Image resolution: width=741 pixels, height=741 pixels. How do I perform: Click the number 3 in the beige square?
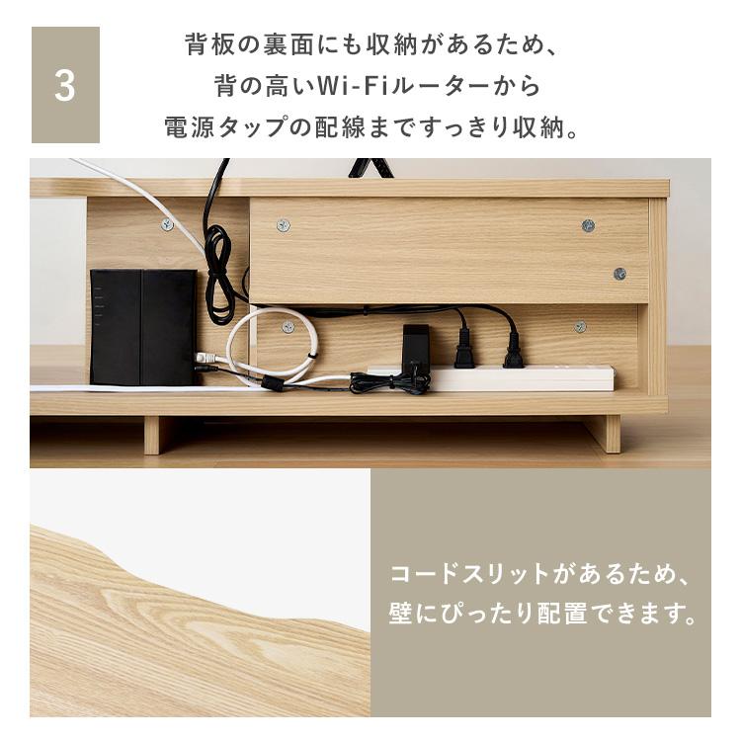click(65, 86)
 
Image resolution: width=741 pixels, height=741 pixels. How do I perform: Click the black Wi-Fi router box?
click(143, 327)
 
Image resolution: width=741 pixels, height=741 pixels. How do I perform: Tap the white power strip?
click(491, 377)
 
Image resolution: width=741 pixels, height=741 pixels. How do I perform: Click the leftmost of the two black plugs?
click(462, 348)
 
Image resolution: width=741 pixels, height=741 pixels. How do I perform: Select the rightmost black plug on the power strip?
click(513, 350)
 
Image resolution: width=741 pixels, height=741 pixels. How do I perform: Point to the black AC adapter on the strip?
click(415, 344)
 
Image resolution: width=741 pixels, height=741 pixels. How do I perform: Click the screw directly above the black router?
click(167, 224)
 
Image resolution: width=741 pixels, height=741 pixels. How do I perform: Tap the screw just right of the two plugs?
click(580, 327)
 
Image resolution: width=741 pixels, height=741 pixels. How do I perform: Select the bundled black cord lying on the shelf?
click(390, 381)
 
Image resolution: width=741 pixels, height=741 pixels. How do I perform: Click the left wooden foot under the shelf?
click(152, 436)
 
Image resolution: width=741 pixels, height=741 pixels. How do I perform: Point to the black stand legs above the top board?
click(370, 168)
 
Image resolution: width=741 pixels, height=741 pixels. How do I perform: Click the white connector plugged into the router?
click(206, 358)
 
